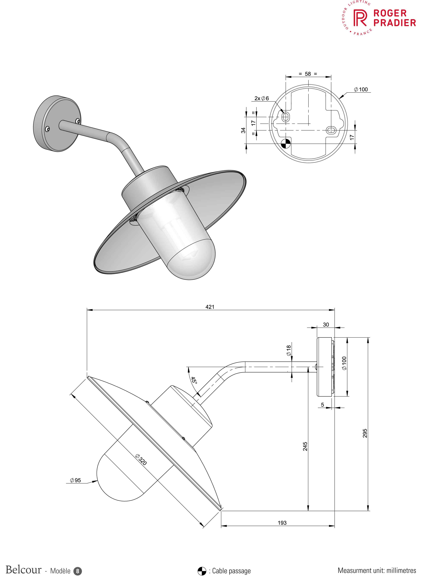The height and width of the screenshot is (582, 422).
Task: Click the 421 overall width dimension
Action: pos(210,307)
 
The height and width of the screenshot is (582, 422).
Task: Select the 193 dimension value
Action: pos(282,523)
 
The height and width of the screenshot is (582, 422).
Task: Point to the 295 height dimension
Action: pos(365,433)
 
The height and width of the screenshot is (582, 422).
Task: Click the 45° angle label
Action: pos(194,380)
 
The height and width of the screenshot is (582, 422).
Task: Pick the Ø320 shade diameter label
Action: pos(141,460)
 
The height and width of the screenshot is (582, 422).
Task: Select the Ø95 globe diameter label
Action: pos(75,480)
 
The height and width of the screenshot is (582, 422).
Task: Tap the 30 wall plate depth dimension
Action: pos(326,325)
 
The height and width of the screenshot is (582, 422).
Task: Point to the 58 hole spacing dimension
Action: pos(308,74)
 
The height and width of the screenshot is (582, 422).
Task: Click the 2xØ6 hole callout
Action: pos(262,98)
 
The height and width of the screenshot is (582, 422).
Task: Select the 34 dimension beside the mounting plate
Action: pos(243,130)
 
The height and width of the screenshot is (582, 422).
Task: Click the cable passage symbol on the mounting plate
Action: pos(285,144)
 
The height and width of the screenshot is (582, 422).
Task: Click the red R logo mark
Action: pos(360,18)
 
